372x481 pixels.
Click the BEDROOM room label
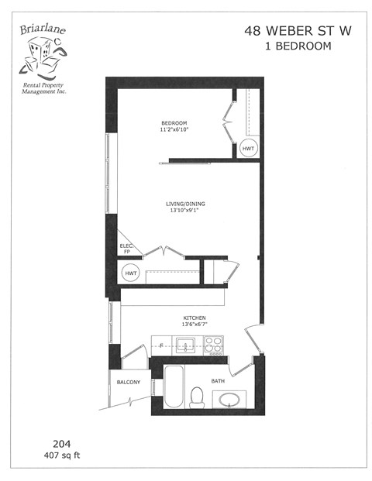[x=174, y=123]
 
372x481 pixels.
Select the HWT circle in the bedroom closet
[x=249, y=148]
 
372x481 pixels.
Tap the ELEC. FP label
[x=127, y=249]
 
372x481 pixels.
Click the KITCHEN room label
[x=194, y=318]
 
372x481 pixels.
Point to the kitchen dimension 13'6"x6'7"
[x=194, y=325]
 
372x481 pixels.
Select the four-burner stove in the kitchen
[x=214, y=345]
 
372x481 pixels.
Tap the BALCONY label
[x=129, y=383]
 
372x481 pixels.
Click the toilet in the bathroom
[x=197, y=397]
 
